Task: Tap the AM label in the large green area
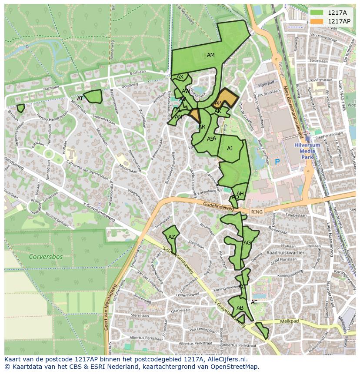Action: pos(210,55)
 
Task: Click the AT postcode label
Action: pos(80,99)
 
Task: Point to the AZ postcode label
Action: pos(172,237)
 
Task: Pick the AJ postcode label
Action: pos(230,149)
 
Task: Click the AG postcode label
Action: pos(247,242)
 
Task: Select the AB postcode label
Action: pos(240,308)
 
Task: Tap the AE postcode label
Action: pos(254,302)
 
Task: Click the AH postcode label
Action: pos(240,194)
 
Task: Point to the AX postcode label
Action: pos(180,77)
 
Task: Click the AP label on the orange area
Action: pos(218,103)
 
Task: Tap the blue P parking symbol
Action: pos(277,162)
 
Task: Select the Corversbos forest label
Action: pos(46,256)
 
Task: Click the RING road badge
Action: pos(257,212)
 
